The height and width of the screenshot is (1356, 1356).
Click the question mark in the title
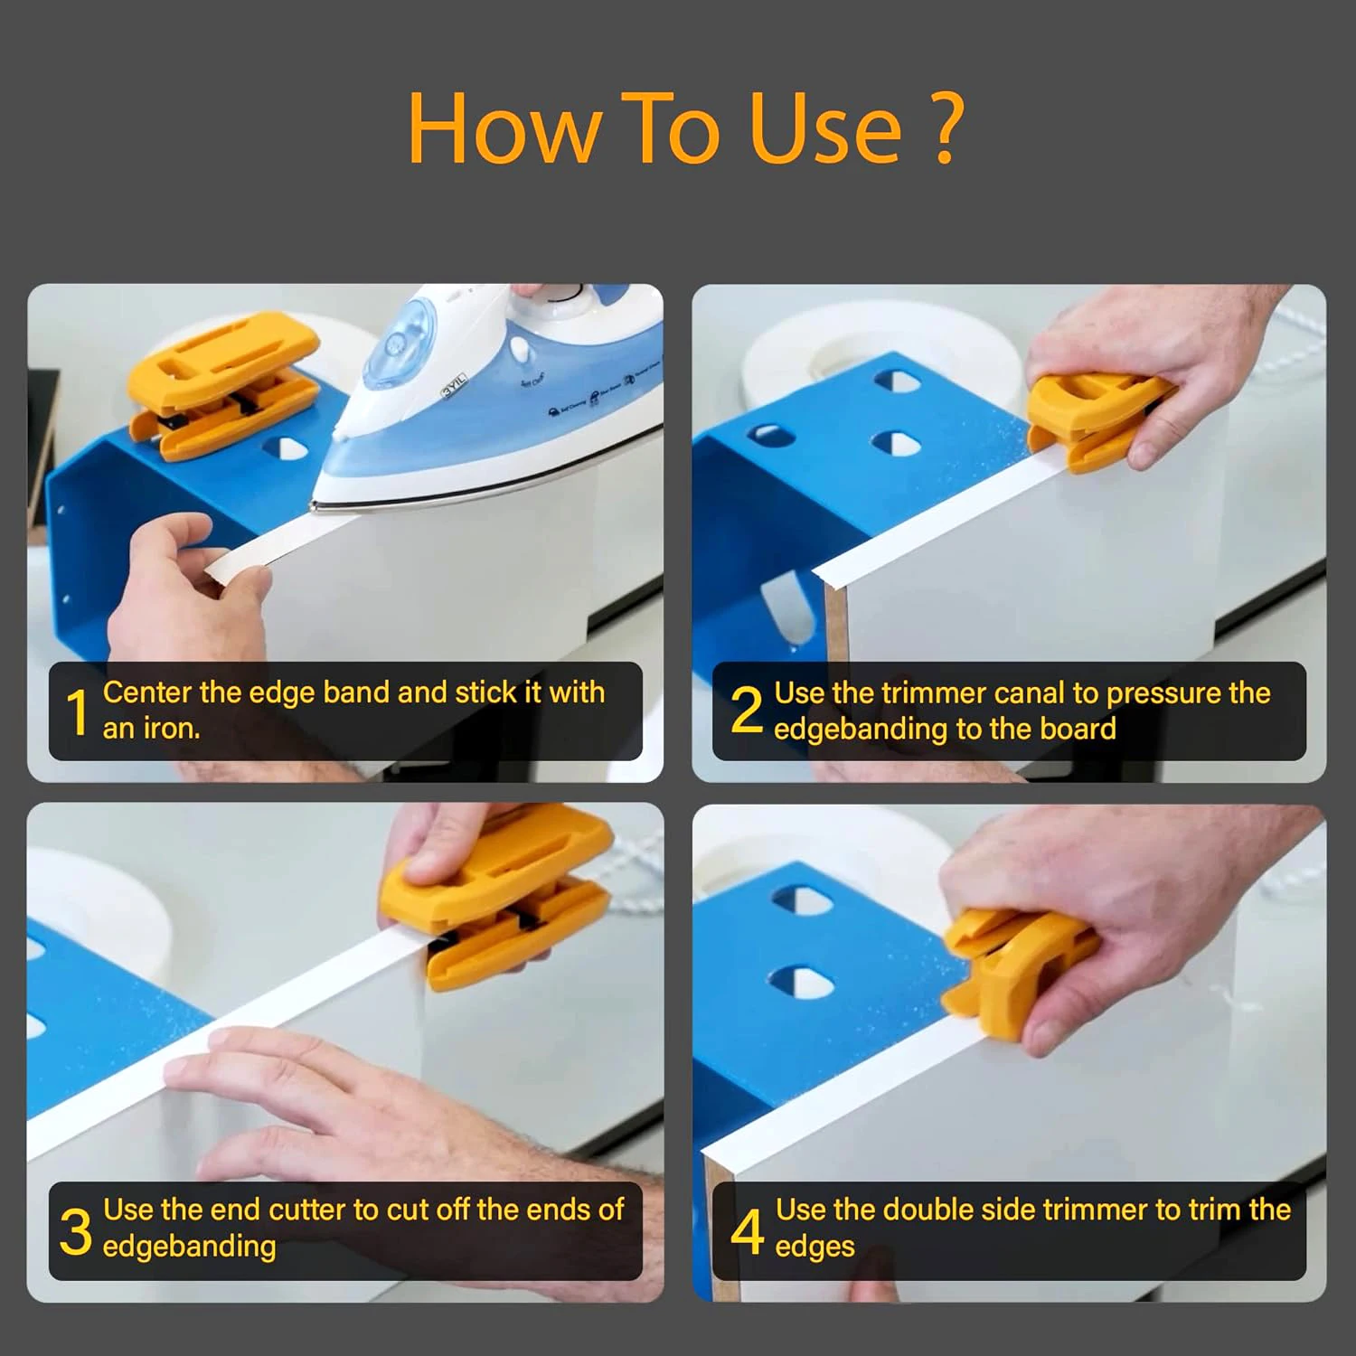click(946, 127)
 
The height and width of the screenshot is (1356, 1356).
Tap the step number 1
click(78, 712)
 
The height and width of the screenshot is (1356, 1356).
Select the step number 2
click(746, 711)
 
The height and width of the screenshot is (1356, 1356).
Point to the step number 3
click(76, 1231)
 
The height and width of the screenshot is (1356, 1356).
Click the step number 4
click(747, 1230)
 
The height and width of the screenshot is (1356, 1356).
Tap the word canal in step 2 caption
click(1030, 693)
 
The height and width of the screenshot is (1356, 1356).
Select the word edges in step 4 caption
click(815, 1247)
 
